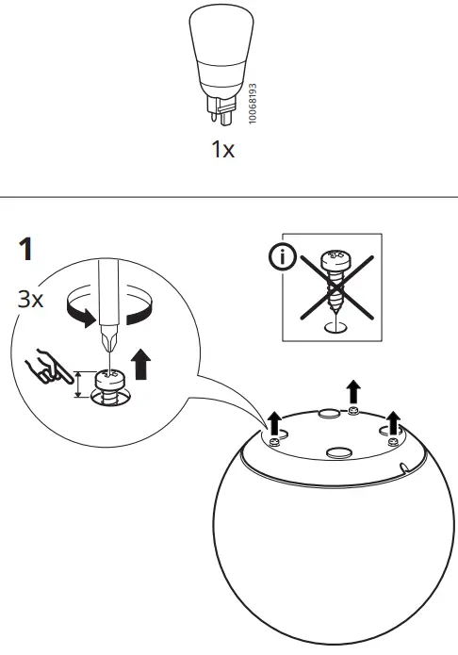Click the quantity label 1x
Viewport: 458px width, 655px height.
[222, 150]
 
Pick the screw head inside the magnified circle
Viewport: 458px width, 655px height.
[110, 382]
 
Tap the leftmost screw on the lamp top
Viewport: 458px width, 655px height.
[274, 440]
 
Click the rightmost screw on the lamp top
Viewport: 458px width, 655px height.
[391, 433]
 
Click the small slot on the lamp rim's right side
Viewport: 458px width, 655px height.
[402, 467]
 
